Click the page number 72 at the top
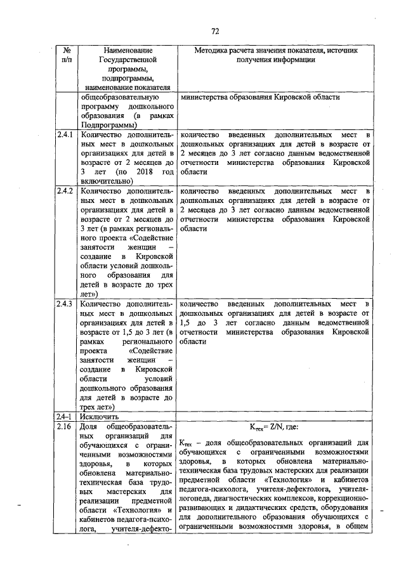coord(214,30)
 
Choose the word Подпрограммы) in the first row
coord(109,126)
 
